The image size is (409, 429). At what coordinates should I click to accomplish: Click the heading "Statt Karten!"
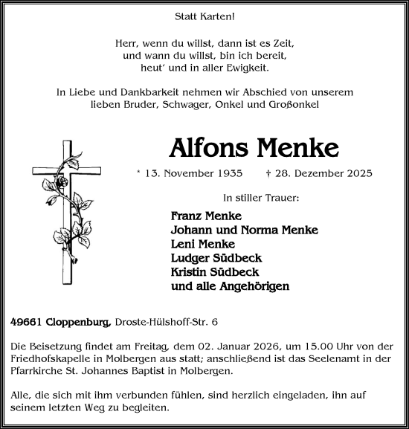coord(204,15)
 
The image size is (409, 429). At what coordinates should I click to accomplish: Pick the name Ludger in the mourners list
coord(190,258)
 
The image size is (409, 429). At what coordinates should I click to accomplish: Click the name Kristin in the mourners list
coord(190,272)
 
